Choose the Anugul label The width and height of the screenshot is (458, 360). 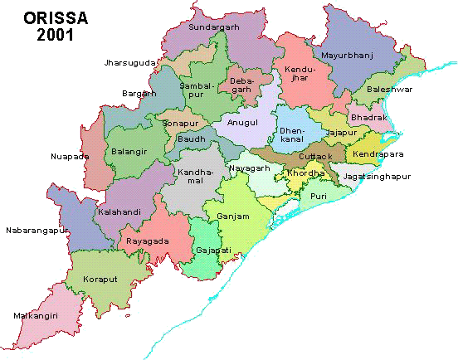[x=242, y=122]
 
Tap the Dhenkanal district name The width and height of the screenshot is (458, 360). [x=291, y=134]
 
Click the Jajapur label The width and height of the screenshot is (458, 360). [x=341, y=132]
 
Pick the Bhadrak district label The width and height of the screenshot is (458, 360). [x=368, y=118]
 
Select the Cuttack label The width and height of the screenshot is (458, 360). [x=314, y=156]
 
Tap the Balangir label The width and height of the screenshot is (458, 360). [x=128, y=152]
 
